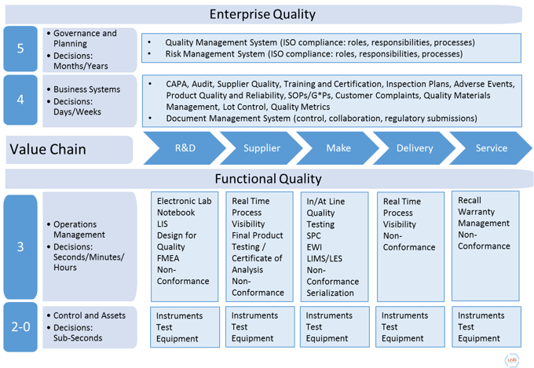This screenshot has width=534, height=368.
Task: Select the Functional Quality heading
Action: tap(268, 179)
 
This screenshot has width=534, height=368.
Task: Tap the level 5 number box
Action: tap(21, 49)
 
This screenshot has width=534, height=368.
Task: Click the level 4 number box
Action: tap(21, 100)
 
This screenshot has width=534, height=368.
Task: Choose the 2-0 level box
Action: tap(21, 326)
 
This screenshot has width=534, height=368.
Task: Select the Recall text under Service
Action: tap(470, 201)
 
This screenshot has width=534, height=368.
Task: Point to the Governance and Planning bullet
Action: tap(84, 38)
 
